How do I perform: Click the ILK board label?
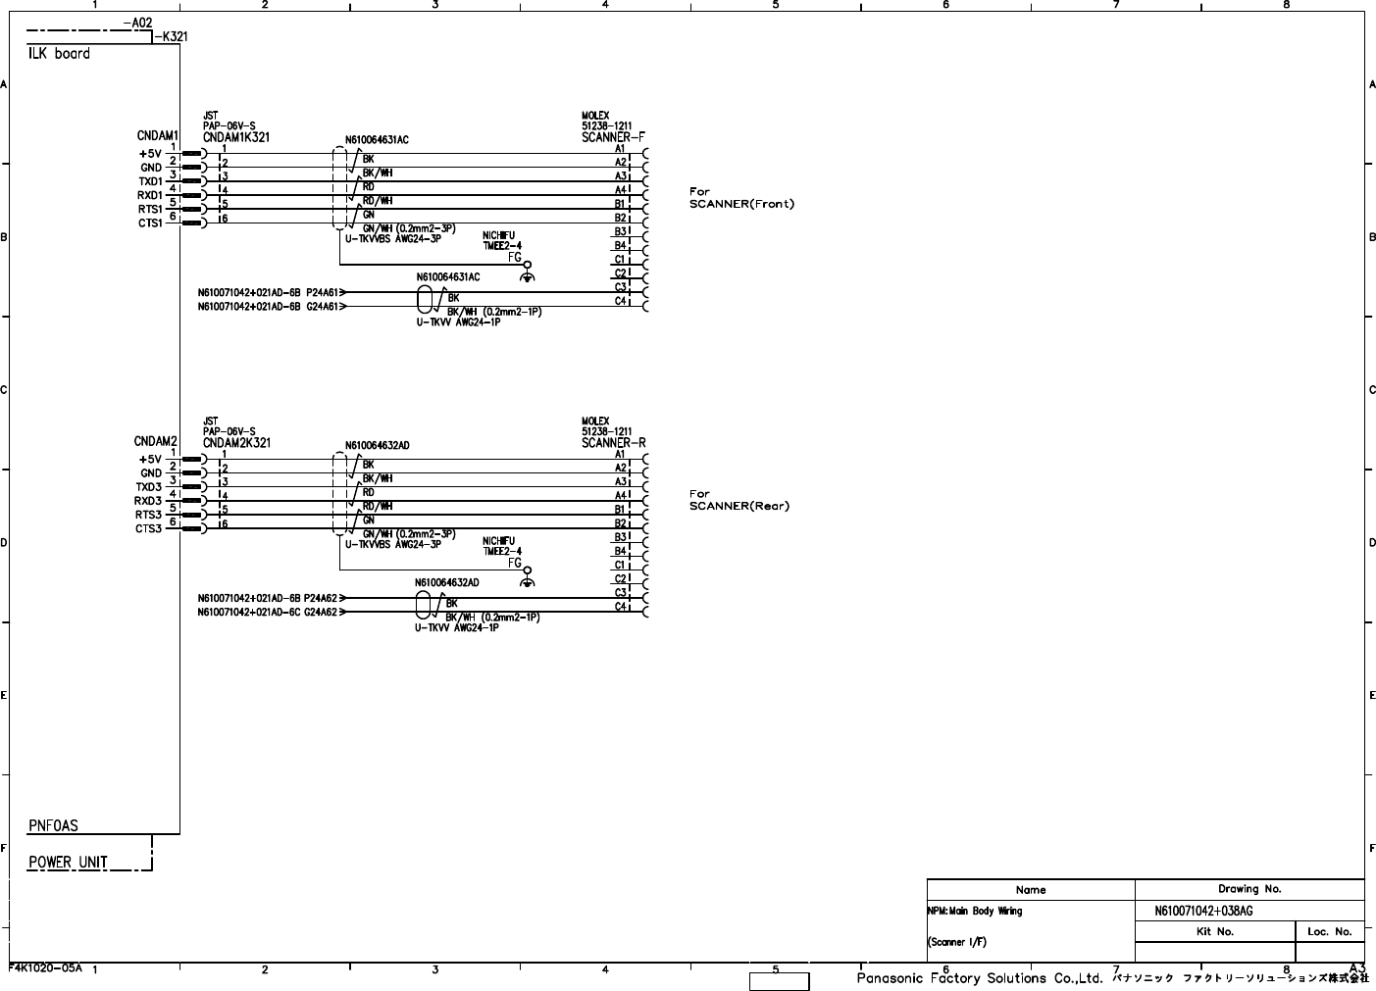[x=59, y=54]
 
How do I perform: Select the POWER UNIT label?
[x=68, y=863]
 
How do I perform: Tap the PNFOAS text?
[x=53, y=826]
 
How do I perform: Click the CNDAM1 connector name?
[x=157, y=135]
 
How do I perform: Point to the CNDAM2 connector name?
[x=155, y=441]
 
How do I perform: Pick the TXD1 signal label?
[x=150, y=181]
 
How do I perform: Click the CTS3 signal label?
[x=148, y=528]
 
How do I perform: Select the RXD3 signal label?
[x=148, y=501]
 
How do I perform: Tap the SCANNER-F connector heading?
[x=613, y=137]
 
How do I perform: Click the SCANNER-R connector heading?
[x=613, y=443]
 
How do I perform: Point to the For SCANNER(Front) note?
[x=741, y=198]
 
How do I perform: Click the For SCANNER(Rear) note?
[x=739, y=500]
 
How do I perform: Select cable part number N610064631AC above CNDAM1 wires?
[x=377, y=140]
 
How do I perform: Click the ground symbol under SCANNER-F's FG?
[x=527, y=276]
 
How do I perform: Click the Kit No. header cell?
[x=1214, y=932]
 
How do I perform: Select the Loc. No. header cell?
[x=1329, y=932]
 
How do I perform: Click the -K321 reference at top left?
[x=171, y=37]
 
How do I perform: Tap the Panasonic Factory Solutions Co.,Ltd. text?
[x=981, y=978]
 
